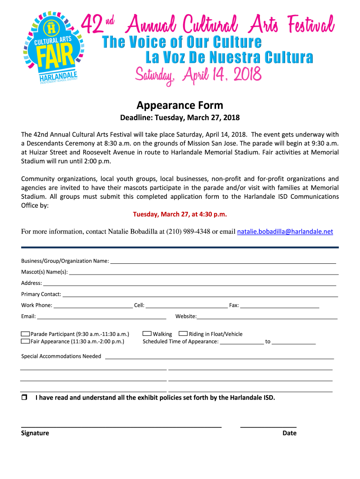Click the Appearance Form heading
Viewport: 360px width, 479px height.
180,105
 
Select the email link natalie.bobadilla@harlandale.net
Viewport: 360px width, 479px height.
285,232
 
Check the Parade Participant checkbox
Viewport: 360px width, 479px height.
25,334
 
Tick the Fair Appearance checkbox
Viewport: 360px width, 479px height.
25,341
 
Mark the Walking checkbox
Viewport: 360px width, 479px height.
147,334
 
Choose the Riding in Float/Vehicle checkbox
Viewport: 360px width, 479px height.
183,334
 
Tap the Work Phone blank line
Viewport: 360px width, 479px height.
93,307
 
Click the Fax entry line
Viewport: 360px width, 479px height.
280,307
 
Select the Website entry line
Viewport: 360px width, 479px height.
267,318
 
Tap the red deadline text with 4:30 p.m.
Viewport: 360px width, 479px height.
180,214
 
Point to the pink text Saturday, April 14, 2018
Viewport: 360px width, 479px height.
198,74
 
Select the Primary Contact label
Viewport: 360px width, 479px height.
41,294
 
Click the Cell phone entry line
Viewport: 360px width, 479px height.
186,307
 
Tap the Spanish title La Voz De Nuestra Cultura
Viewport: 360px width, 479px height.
229,58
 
